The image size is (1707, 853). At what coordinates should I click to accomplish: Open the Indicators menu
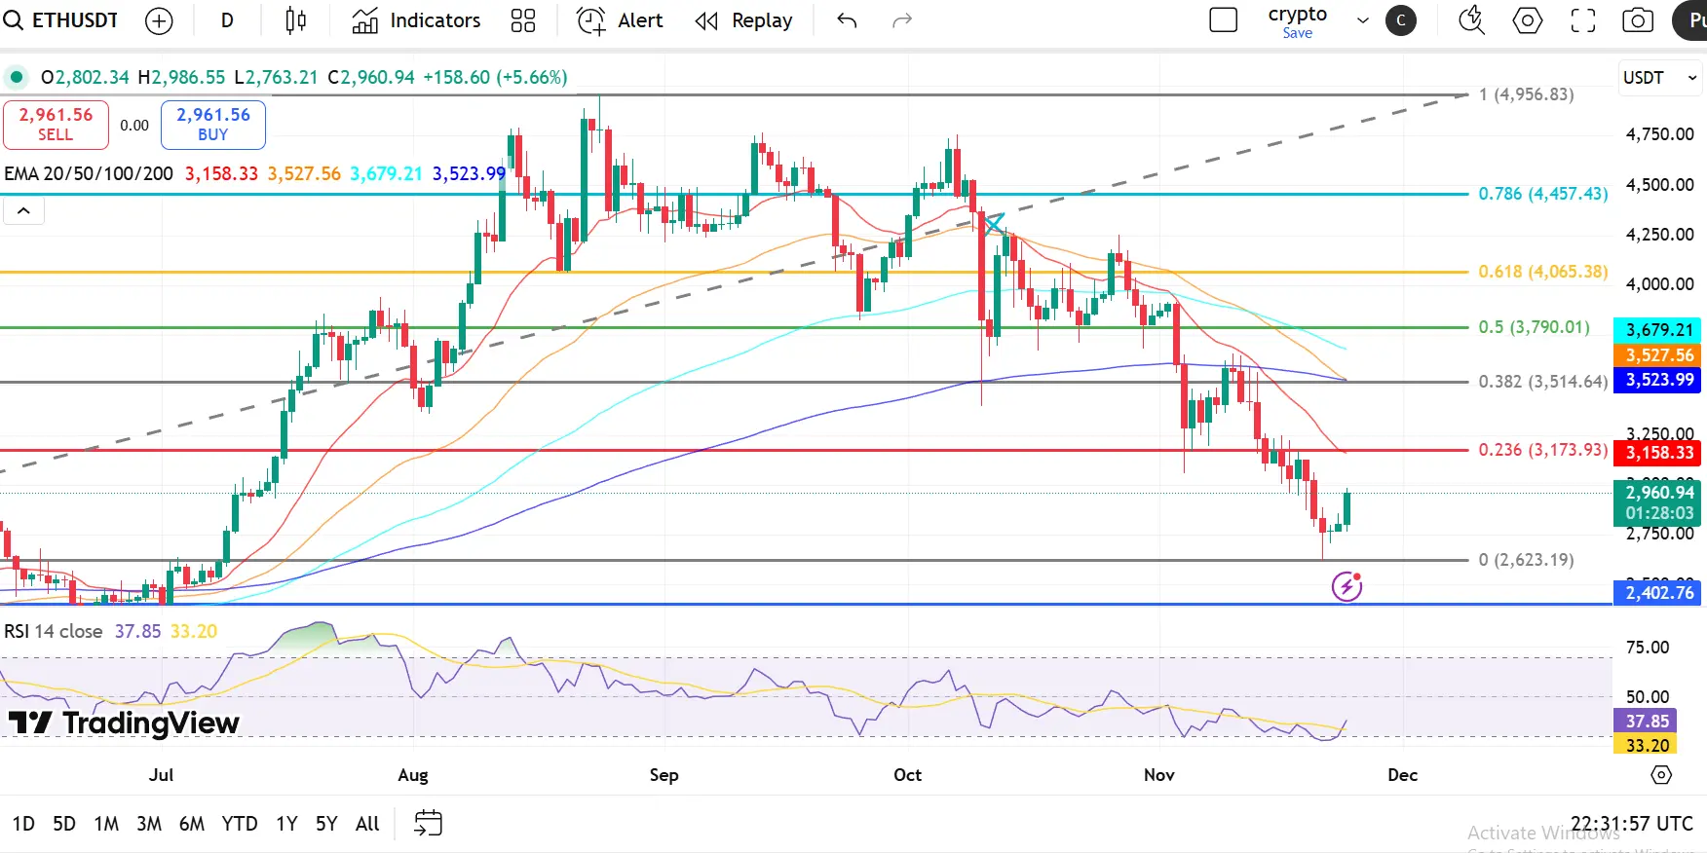(x=416, y=20)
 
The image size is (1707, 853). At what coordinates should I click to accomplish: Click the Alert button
(x=620, y=20)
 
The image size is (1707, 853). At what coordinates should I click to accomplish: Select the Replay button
(x=743, y=20)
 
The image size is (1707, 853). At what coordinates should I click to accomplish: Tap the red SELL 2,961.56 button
(x=56, y=124)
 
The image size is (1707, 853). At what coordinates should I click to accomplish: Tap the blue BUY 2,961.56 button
(x=212, y=124)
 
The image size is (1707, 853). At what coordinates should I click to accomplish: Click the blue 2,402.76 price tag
(x=1659, y=592)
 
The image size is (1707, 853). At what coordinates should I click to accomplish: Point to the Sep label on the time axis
(x=664, y=775)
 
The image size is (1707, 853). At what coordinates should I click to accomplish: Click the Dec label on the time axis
(x=1402, y=775)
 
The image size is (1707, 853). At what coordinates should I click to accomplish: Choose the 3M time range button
(x=149, y=824)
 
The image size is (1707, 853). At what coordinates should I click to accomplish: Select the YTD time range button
(x=240, y=824)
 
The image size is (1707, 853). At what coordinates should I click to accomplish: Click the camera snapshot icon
(x=1638, y=20)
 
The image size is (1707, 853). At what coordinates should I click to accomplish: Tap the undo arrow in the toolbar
(x=847, y=20)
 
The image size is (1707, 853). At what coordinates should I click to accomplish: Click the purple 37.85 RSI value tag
(x=1647, y=722)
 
